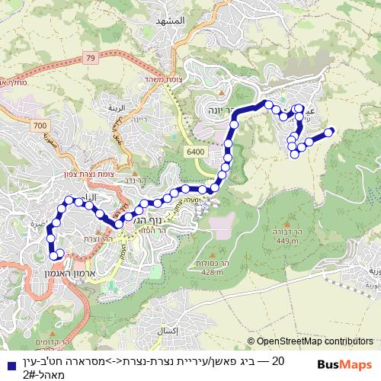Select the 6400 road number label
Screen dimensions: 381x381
[x=195, y=152]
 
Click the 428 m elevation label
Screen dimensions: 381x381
[x=213, y=272]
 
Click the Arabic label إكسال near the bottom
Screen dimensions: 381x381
[x=165, y=330]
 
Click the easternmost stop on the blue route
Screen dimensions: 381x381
[x=329, y=132]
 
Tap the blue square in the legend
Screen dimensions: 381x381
[x=9, y=364]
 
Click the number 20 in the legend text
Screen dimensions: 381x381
[x=278, y=360]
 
